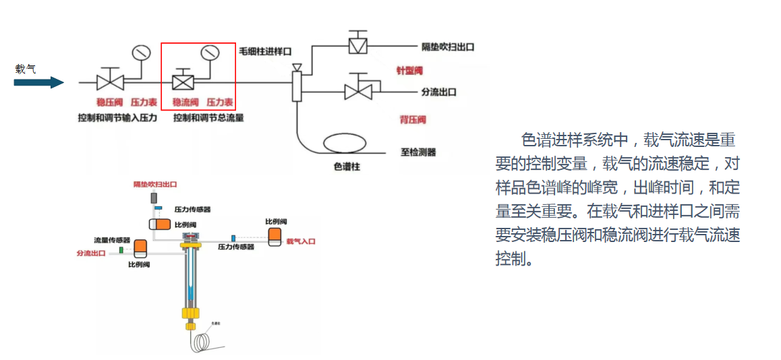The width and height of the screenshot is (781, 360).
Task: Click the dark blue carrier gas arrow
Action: [x=38, y=82]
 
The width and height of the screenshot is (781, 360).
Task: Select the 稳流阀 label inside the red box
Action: [x=185, y=102]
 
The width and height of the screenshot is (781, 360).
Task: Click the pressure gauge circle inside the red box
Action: [x=210, y=52]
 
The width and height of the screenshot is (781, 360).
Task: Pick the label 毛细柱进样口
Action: [x=265, y=51]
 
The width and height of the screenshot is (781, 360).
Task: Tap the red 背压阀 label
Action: [x=412, y=120]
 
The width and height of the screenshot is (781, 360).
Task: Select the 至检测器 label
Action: [x=418, y=152]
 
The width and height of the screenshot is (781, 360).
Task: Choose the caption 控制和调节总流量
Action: [x=208, y=118]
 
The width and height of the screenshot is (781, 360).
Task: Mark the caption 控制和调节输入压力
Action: [x=117, y=118]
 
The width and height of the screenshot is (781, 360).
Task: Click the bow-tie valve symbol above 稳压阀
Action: [x=108, y=82]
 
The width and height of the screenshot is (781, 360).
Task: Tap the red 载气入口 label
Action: [x=301, y=241]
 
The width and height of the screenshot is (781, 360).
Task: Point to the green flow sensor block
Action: [x=121, y=250]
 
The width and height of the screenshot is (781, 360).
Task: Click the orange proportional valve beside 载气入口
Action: [x=276, y=235]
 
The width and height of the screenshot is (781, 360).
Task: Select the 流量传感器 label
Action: [x=112, y=239]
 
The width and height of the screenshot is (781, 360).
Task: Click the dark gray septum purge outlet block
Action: [x=154, y=198]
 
